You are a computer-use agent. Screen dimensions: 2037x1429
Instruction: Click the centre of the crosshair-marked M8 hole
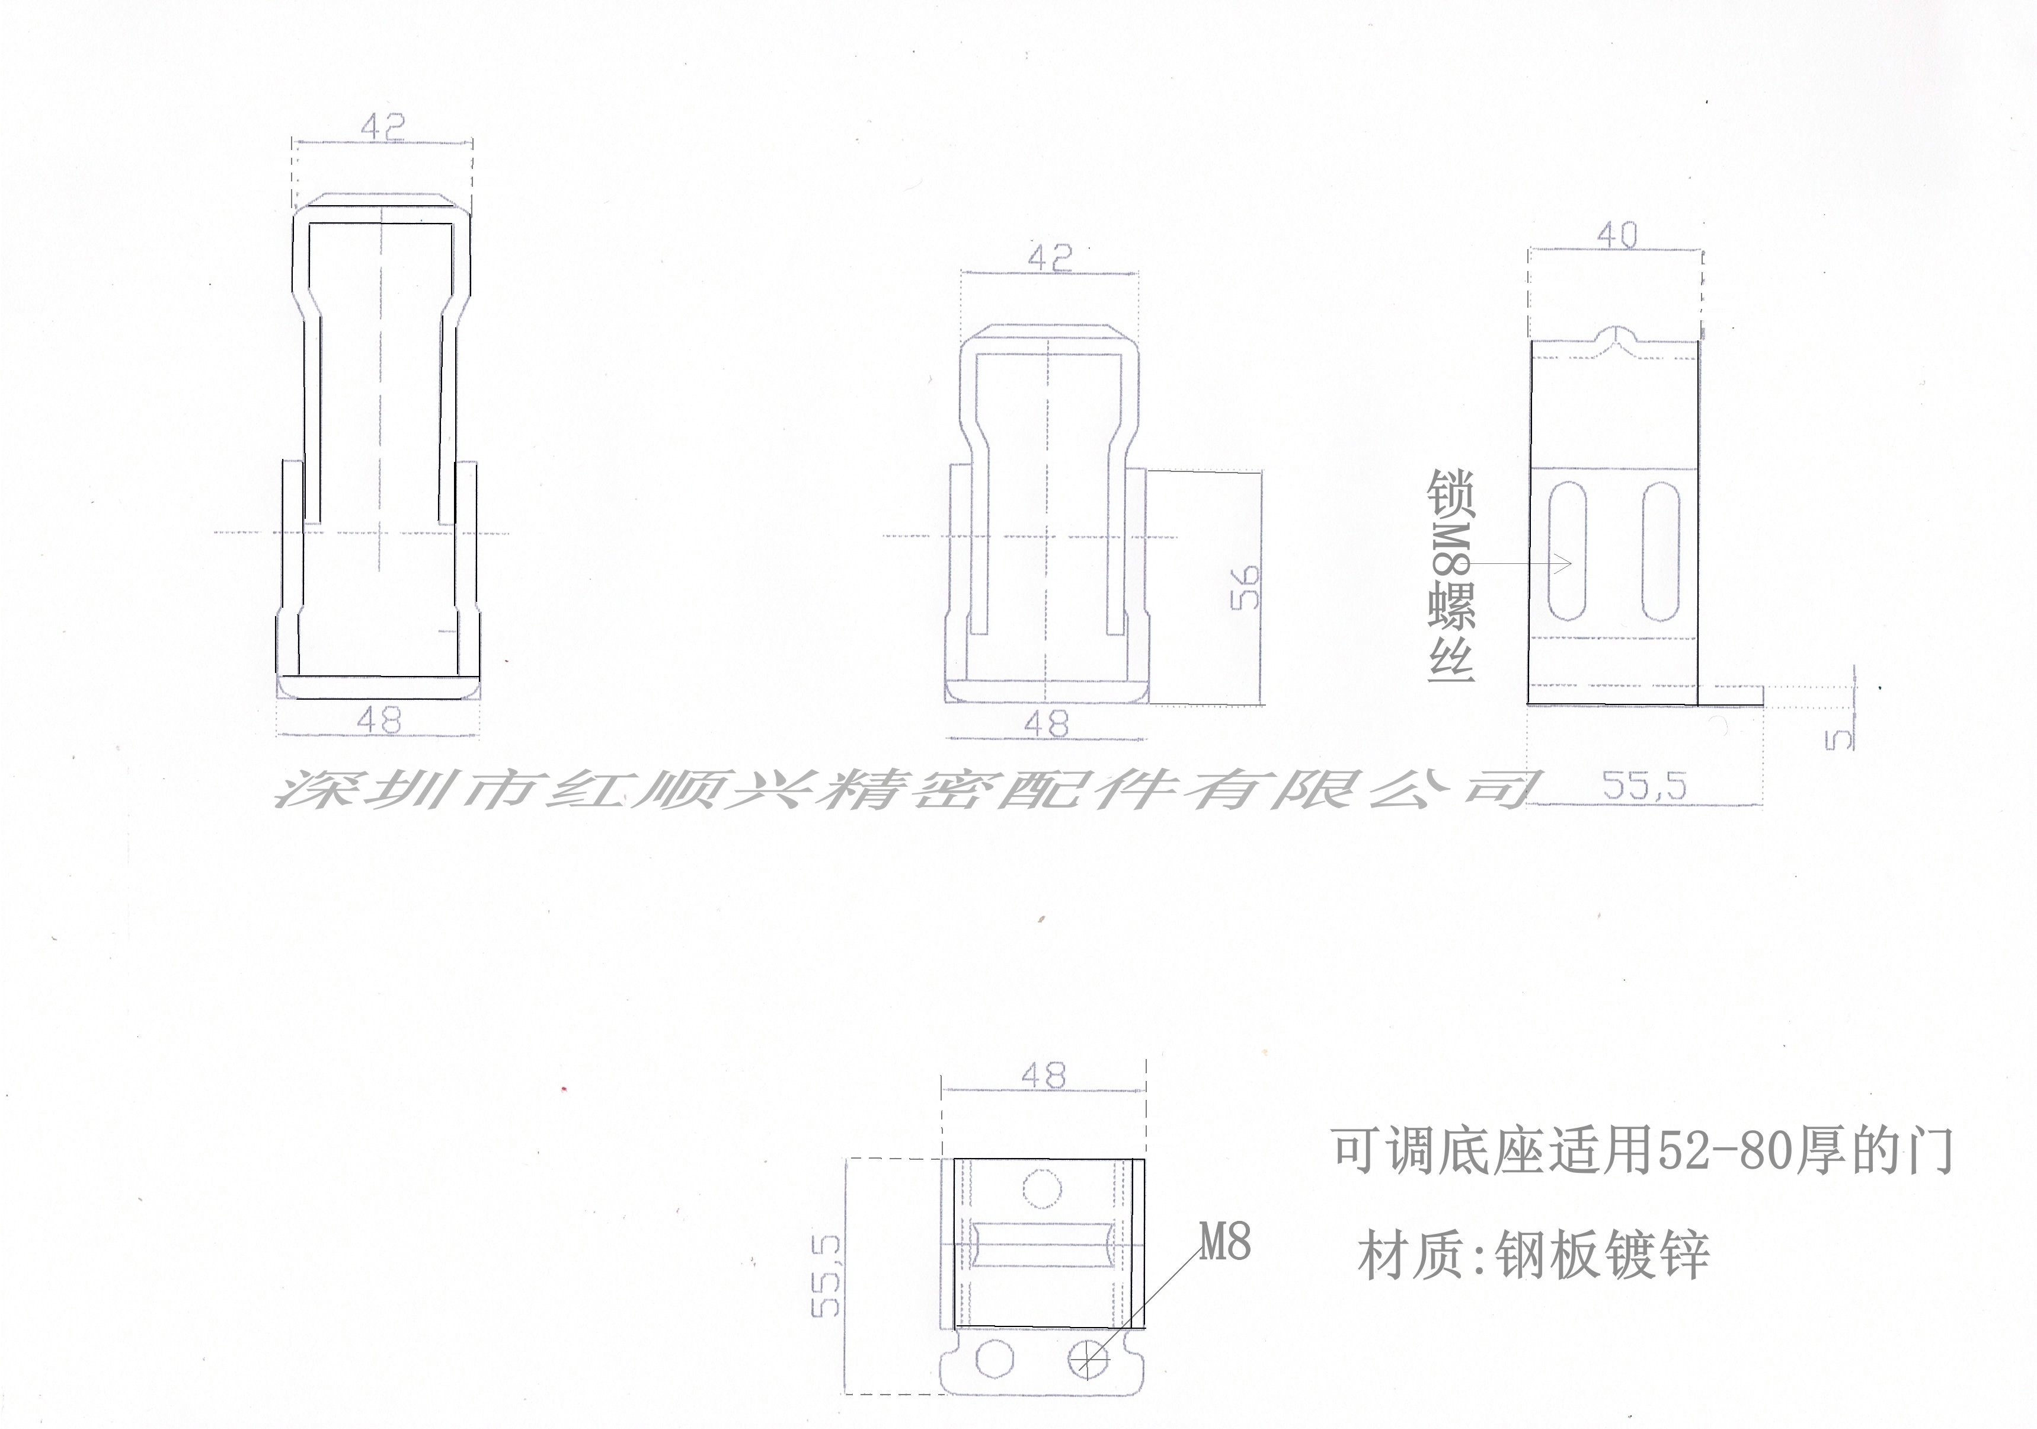1089,1357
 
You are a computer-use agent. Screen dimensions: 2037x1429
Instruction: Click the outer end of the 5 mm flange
1763,696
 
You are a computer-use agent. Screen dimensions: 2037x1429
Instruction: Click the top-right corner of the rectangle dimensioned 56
1260,472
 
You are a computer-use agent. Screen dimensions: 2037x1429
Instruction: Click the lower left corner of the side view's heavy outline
1528,703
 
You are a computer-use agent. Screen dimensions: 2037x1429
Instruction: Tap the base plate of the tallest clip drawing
379,687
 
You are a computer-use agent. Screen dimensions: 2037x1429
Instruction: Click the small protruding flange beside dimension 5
1730,696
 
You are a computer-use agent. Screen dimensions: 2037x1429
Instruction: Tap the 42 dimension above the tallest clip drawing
383,126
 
